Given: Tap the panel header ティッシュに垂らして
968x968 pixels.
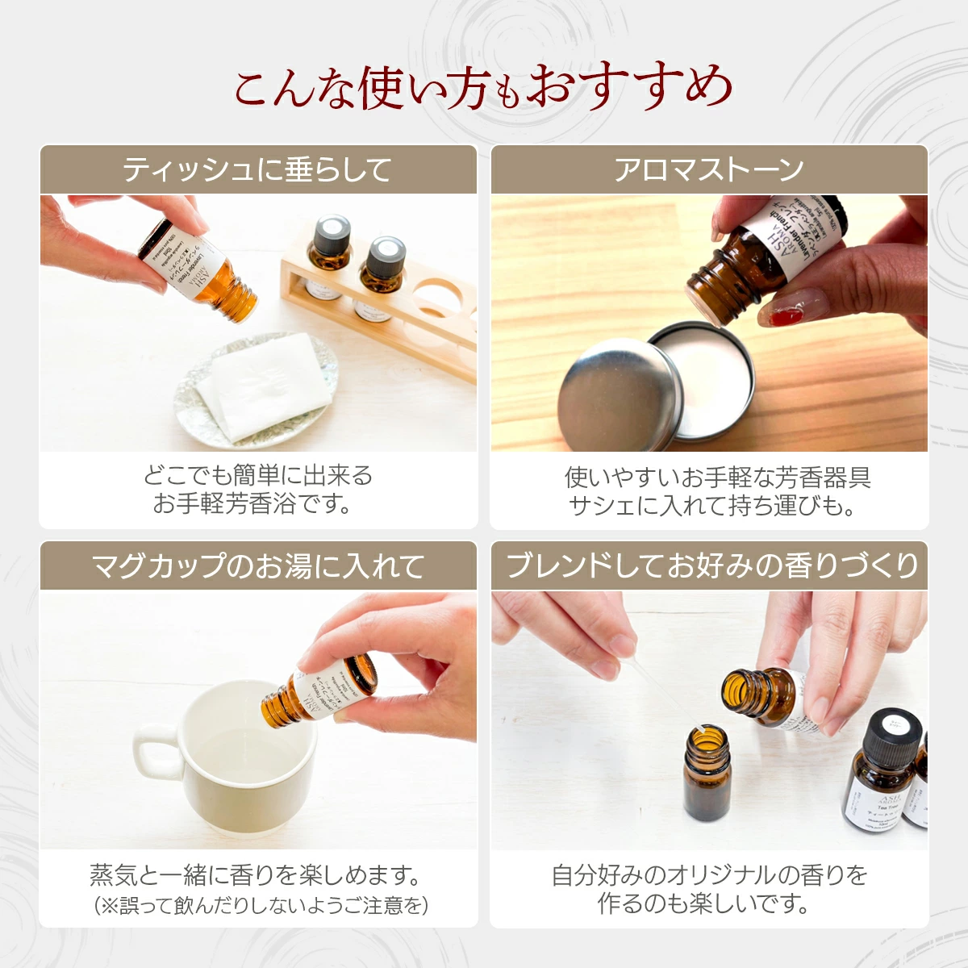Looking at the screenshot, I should (x=257, y=170).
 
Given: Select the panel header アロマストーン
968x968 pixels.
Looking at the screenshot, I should (x=709, y=170).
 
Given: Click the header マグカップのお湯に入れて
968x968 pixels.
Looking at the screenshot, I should (x=257, y=566).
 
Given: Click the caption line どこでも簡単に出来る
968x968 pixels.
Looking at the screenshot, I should (x=257, y=476).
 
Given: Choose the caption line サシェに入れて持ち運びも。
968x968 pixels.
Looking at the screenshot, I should (x=711, y=506).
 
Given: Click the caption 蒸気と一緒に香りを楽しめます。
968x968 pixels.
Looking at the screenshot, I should (x=257, y=874).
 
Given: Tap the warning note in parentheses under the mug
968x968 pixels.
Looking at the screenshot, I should (x=261, y=905).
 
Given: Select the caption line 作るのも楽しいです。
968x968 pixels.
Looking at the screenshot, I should (x=703, y=903).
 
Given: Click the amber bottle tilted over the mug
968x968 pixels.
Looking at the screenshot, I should (x=323, y=694).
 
